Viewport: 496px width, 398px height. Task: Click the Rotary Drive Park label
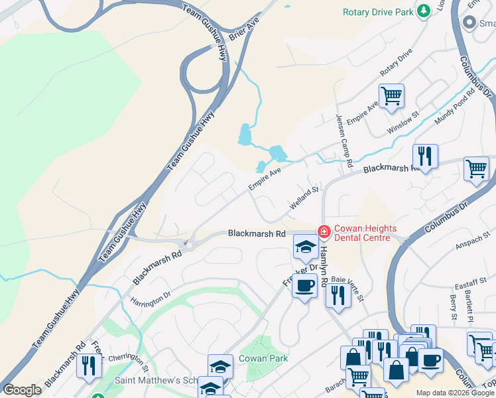click(377, 12)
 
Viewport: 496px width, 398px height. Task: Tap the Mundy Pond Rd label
click(455, 107)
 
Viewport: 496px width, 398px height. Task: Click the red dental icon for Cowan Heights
click(324, 232)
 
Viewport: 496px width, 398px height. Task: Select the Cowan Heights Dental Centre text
click(365, 233)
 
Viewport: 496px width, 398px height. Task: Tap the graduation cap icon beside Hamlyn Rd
click(305, 247)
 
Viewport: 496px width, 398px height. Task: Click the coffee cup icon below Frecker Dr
click(304, 285)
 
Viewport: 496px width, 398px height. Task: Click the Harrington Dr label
click(151, 295)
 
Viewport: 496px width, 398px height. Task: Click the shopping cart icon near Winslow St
click(391, 95)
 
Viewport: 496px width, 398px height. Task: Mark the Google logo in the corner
click(22, 390)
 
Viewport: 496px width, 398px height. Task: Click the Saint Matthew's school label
click(156, 381)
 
